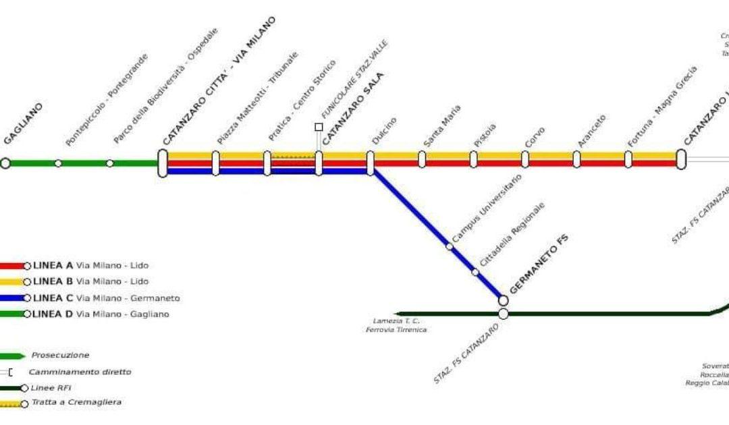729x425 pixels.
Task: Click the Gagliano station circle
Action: (x=5, y=163)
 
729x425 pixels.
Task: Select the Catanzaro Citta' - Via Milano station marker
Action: (x=163, y=163)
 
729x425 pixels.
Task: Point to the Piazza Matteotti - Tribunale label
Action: (x=257, y=98)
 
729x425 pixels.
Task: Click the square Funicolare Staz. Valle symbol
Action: (x=319, y=126)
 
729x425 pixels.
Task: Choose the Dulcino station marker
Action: (x=371, y=163)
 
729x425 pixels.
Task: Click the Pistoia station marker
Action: (x=474, y=159)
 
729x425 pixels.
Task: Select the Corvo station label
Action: (x=535, y=137)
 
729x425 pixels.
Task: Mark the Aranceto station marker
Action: (x=576, y=159)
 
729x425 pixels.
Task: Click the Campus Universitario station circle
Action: (x=450, y=246)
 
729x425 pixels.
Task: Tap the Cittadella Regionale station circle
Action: (x=475, y=272)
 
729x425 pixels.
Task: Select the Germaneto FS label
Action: (x=539, y=264)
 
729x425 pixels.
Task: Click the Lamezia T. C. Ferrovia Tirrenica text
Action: (x=396, y=325)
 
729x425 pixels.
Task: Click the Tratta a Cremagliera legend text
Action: (x=76, y=403)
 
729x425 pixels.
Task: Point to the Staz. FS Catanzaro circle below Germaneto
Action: (x=504, y=314)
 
